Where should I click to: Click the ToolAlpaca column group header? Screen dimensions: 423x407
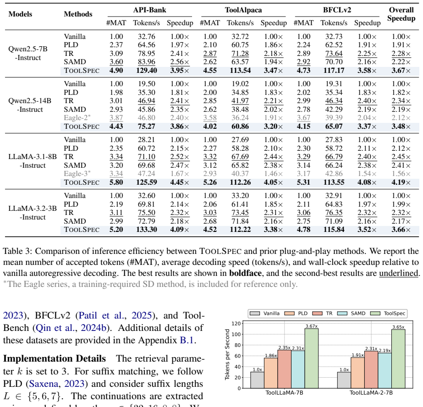pyautogui.click(x=243, y=10)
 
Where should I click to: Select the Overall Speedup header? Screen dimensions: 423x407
pyautogui.click(x=401, y=14)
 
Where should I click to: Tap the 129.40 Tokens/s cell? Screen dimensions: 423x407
pyautogui.click(x=147, y=71)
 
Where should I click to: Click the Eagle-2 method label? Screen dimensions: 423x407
pyautogui.click(x=77, y=118)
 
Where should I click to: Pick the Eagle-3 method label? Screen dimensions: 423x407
pyautogui.click(x=77, y=174)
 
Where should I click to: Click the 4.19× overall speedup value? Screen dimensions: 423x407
pyautogui.click(x=401, y=182)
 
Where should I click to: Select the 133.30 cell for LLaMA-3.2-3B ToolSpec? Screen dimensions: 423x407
pyautogui.click(x=147, y=230)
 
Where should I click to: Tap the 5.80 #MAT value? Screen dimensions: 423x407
pyautogui.click(x=116, y=182)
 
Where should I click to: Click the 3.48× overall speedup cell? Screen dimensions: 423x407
pyautogui.click(x=401, y=126)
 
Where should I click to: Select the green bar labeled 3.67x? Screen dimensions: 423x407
pyautogui.click(x=312, y=358)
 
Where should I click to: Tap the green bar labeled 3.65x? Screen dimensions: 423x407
pyautogui.click(x=398, y=359)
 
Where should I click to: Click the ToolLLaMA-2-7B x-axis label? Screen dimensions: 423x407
pyautogui.click(x=371, y=393)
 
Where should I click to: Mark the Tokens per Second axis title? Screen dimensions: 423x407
pyautogui.click(x=227, y=354)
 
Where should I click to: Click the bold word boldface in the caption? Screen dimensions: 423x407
pyautogui.click(x=246, y=273)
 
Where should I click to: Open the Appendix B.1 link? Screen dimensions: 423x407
pyautogui.click(x=187, y=340)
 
